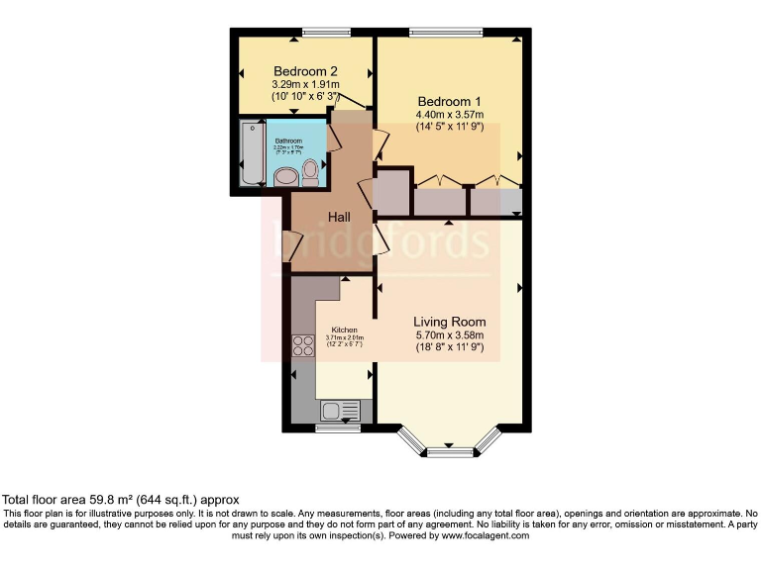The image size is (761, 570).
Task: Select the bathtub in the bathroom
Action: (x=251, y=153)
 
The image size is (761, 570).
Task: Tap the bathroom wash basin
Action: (x=285, y=177)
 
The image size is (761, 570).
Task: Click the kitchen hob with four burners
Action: (x=302, y=345)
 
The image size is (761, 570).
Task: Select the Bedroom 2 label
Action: (x=306, y=71)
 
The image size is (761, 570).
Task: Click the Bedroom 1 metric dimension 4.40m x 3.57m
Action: (x=449, y=115)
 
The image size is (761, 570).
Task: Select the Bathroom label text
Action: (x=289, y=141)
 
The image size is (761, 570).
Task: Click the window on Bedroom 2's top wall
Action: (x=321, y=32)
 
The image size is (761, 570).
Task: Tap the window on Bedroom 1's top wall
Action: (x=440, y=32)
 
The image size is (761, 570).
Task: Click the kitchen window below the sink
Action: (x=338, y=428)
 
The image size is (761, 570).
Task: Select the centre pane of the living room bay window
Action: (x=449, y=453)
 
